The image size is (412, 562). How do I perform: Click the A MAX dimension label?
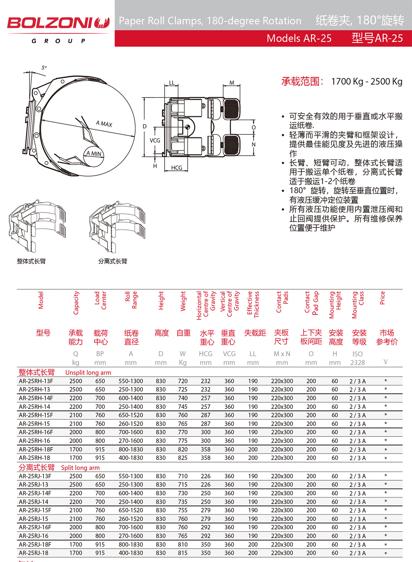(104, 124)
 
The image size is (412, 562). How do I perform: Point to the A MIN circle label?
(94, 154)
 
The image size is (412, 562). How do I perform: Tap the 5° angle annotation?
(44, 68)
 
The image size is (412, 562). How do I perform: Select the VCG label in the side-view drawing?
(155, 141)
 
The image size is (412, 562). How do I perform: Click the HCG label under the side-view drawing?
(176, 168)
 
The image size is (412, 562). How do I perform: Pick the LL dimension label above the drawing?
(172, 83)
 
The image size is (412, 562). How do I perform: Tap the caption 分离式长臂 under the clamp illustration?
(113, 261)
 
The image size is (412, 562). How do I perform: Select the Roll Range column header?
(131, 300)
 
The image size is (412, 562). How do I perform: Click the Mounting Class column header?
(358, 305)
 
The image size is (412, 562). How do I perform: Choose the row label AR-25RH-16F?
(36, 432)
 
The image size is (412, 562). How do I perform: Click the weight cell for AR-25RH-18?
(183, 458)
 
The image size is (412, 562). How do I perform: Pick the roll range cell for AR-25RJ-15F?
(131, 510)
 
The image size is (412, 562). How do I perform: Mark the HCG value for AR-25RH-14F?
(205, 398)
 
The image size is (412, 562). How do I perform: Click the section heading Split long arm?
(80, 468)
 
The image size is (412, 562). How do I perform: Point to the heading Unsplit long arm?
(88, 373)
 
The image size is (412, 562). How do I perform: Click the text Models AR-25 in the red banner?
(299, 38)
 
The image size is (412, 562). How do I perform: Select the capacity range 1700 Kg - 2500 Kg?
(367, 82)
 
